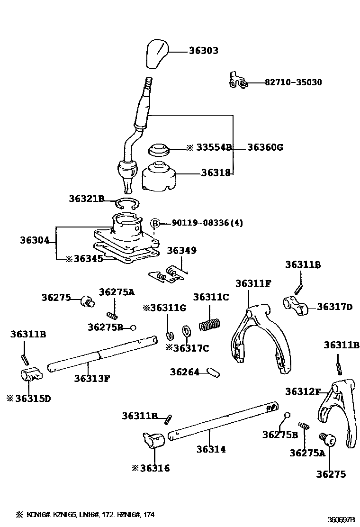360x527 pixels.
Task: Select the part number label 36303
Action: [x=204, y=50]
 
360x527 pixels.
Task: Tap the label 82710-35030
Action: [x=293, y=82]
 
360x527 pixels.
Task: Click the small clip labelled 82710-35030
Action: [x=237, y=81]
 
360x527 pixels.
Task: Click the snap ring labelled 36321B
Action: [x=126, y=204]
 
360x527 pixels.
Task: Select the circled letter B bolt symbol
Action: [x=155, y=223]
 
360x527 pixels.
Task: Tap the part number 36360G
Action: [x=265, y=147]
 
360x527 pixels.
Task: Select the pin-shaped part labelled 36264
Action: [x=213, y=373]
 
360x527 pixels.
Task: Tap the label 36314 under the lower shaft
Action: [x=211, y=449]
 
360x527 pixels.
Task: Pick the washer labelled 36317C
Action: [x=186, y=330]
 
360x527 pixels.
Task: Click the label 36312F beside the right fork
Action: [x=303, y=391]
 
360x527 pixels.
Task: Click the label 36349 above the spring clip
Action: [x=181, y=250]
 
